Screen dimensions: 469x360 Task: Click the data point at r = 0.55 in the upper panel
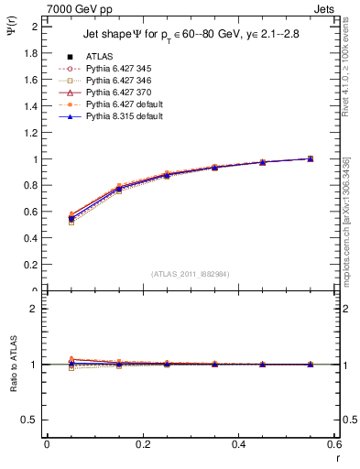coord(311,158)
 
